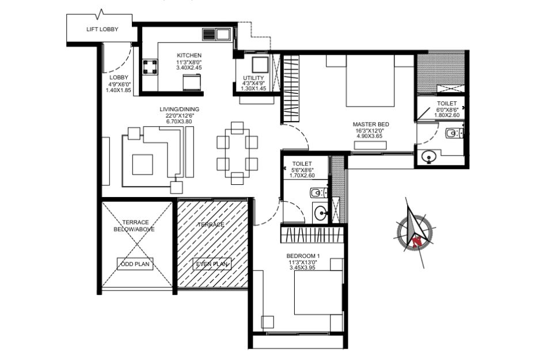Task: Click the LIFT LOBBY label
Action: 102,29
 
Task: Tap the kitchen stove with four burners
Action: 150,67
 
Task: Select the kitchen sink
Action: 216,35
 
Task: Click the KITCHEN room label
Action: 189,55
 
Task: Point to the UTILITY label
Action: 253,78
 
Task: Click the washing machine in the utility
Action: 260,65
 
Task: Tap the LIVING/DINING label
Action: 179,109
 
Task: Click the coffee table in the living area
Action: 142,165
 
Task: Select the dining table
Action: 237,153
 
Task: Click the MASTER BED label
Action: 371,124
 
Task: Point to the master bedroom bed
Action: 370,81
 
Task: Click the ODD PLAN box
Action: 135,264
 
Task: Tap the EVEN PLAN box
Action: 212,264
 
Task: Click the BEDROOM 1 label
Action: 303,256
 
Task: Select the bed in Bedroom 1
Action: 318,293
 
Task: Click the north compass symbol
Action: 415,232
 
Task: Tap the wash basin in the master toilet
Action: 428,157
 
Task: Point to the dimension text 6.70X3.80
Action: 179,122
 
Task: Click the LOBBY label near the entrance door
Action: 119,78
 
